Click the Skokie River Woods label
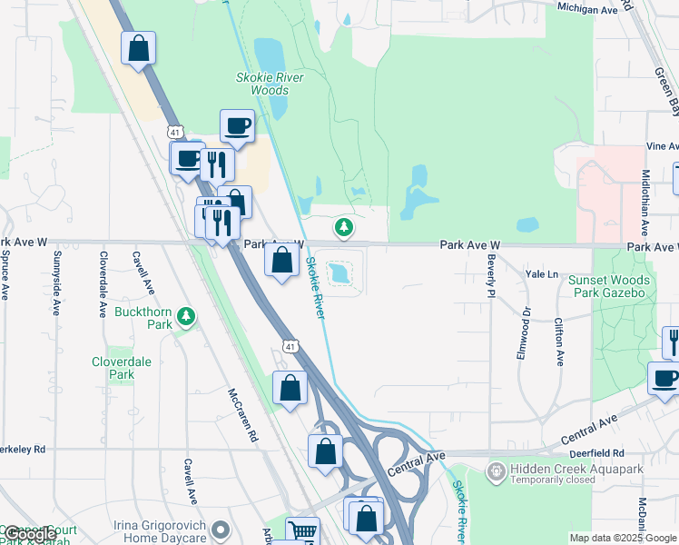(269, 84)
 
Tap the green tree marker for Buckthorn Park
(186, 316)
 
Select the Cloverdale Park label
(121, 368)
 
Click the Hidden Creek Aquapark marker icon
(496, 471)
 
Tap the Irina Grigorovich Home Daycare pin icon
(220, 529)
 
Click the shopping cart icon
(302, 531)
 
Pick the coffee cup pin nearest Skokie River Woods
(237, 126)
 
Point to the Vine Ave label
(662, 145)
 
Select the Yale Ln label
(541, 272)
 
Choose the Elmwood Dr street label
(523, 332)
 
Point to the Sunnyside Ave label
(56, 284)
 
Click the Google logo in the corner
(31, 534)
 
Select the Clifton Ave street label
(559, 342)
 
